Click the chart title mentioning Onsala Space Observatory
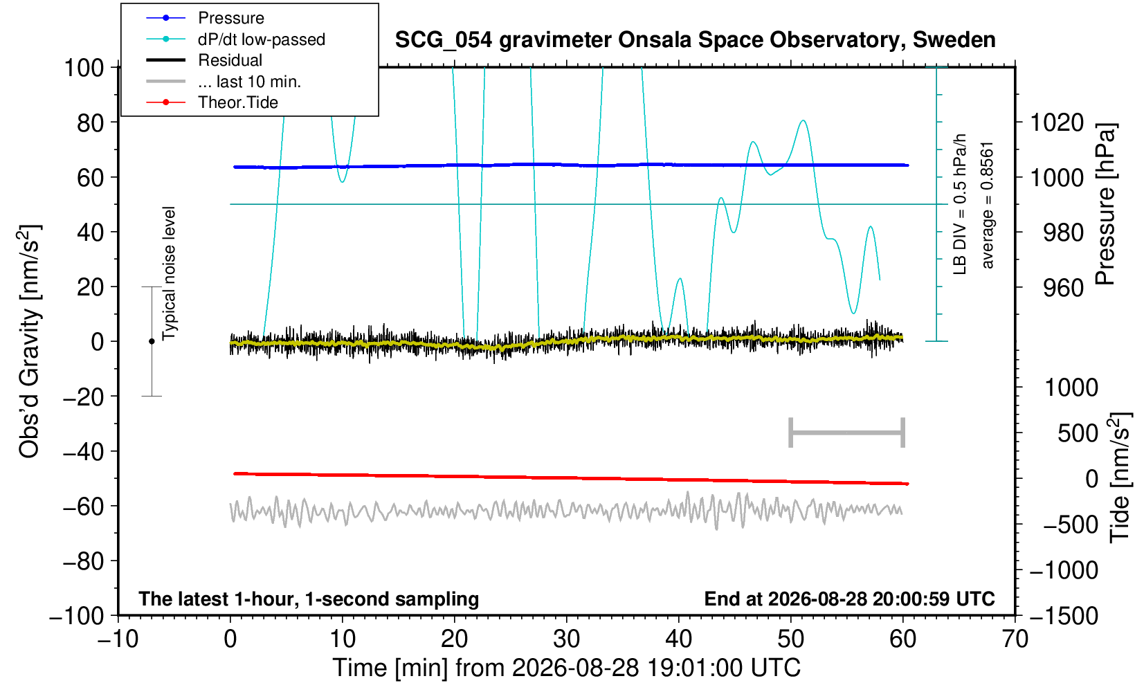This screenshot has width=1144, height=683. (x=695, y=40)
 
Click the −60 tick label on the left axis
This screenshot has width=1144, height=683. (x=84, y=507)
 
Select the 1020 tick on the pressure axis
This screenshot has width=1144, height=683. (x=1057, y=122)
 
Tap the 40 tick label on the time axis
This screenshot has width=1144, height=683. (x=679, y=639)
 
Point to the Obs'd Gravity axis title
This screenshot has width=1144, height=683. (x=29, y=341)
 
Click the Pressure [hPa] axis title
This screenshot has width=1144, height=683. (x=1105, y=204)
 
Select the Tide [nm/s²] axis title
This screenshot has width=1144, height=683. (x=1120, y=478)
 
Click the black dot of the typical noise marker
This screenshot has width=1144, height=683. (x=152, y=341)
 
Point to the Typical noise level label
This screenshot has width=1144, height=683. (x=169, y=273)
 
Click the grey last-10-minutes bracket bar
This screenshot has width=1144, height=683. (x=847, y=432)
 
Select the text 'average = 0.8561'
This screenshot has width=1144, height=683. (x=988, y=205)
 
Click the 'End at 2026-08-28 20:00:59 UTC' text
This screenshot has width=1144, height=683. (x=849, y=599)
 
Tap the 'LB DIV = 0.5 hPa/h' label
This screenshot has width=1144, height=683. (x=960, y=204)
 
